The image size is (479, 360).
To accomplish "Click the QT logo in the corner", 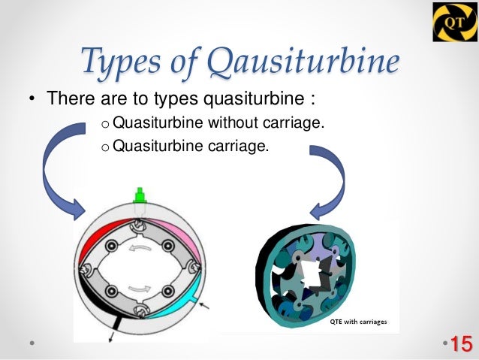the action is pos(453,22).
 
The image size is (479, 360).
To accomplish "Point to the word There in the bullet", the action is pos(65,99).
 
